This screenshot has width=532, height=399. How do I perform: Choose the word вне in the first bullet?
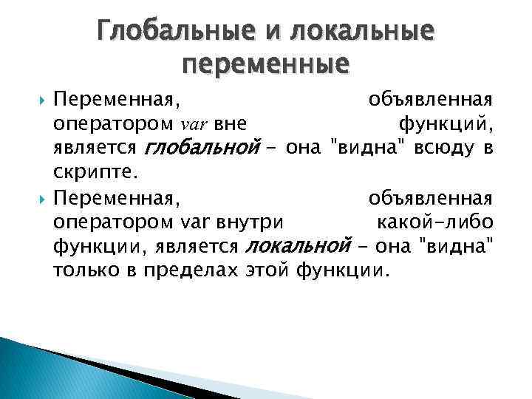(230, 123)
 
